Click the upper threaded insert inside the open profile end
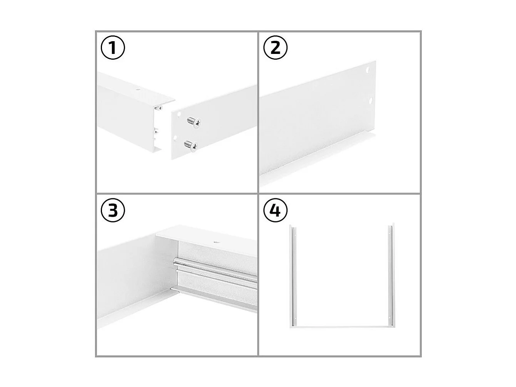[157, 109]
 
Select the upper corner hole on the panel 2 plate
[368, 70]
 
